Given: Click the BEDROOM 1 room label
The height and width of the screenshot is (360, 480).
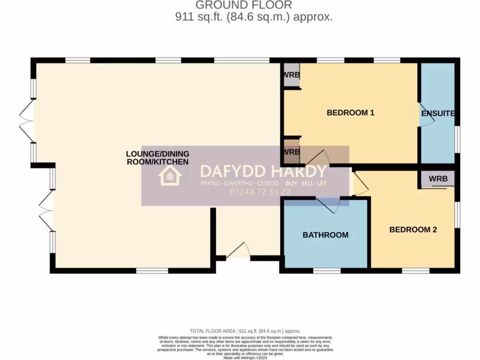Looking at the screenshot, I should (x=350, y=112).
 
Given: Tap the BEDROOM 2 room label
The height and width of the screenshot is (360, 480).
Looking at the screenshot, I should (x=413, y=230).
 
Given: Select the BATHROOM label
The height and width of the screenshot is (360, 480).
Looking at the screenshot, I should (x=325, y=235).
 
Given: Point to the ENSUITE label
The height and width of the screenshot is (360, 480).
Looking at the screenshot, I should (x=438, y=114).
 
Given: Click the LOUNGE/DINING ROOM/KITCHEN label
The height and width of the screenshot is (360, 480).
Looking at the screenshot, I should (x=157, y=158).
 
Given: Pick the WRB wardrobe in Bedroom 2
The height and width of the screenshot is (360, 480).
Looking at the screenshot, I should (x=438, y=179).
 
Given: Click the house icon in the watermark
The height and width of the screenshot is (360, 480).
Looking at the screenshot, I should (x=170, y=176).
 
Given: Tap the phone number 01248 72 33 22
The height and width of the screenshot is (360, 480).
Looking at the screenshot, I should (x=260, y=192).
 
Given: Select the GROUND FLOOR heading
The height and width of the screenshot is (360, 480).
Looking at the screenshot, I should (x=243, y=5).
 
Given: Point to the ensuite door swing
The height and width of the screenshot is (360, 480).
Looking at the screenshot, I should (x=425, y=115).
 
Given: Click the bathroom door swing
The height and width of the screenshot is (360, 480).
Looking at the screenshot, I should (x=328, y=204).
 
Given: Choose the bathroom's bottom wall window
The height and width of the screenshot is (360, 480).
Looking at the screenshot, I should (x=327, y=270).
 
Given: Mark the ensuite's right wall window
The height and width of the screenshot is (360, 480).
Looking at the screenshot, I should (x=457, y=139).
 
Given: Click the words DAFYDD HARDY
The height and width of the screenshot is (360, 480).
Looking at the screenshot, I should (x=263, y=171).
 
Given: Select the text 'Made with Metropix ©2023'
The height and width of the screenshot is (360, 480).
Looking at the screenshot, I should (x=245, y=358).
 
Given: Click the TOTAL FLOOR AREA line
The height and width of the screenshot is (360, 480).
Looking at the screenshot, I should (x=245, y=331).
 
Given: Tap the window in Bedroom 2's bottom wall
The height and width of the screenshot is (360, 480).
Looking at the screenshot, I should (x=415, y=270).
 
